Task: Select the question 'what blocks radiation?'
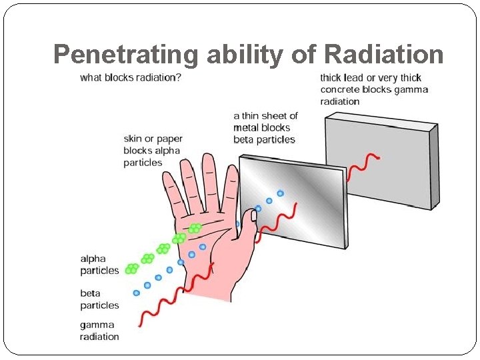click(x=131, y=77)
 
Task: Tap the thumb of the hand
click(x=248, y=230)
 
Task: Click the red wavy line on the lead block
click(x=364, y=163)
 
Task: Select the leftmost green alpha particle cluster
click(x=132, y=269)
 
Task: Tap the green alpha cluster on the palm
click(x=195, y=229)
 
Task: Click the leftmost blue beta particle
click(x=137, y=293)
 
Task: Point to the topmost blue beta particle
click(x=280, y=193)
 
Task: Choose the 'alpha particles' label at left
click(x=99, y=265)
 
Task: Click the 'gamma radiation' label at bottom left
click(x=99, y=331)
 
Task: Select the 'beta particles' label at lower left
click(x=99, y=299)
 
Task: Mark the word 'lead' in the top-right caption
click(x=354, y=78)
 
